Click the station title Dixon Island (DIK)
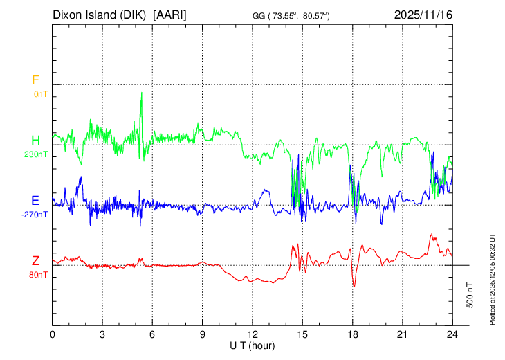click(101, 15)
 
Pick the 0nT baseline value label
click(39, 94)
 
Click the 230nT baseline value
click(36, 154)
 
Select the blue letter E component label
click(35, 201)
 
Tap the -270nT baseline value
click(35, 215)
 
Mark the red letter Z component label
click(35, 261)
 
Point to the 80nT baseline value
click(38, 275)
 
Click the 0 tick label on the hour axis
click(53, 334)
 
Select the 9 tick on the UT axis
click(203, 334)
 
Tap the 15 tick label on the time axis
click(302, 334)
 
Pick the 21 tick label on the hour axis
click(403, 334)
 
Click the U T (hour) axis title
click(253, 345)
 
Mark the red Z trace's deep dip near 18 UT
click(354, 286)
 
